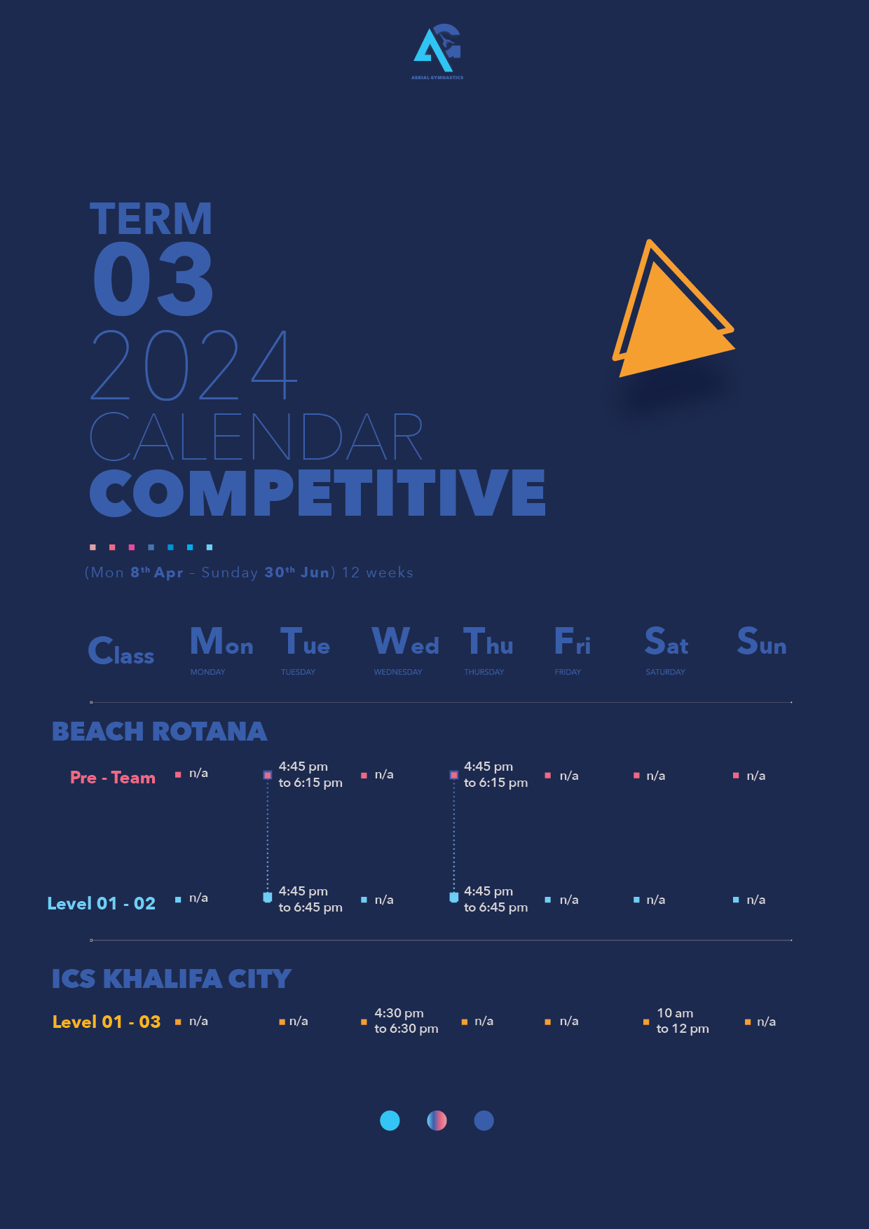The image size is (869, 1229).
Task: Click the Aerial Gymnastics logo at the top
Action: point(437,52)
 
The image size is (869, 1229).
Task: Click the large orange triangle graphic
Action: point(673,315)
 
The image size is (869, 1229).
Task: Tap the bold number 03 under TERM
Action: point(153,279)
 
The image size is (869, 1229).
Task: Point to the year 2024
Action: point(194,365)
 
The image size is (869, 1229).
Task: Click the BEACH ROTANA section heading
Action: point(159,732)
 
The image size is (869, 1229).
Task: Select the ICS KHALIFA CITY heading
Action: point(172,979)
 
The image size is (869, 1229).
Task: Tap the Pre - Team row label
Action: point(113,777)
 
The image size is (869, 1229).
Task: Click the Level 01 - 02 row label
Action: point(102,903)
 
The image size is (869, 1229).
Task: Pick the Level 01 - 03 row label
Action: point(107,1022)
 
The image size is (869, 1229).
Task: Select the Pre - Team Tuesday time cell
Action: point(310,774)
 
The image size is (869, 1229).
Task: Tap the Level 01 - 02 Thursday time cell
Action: point(495,899)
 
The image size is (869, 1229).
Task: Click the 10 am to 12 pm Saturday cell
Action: point(683,1021)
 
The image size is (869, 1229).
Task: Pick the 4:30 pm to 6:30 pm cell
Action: point(406,1021)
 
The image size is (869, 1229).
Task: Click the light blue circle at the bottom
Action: point(390,1120)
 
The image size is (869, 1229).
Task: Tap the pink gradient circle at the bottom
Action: point(437,1120)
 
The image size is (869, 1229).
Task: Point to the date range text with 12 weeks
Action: point(249,572)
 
